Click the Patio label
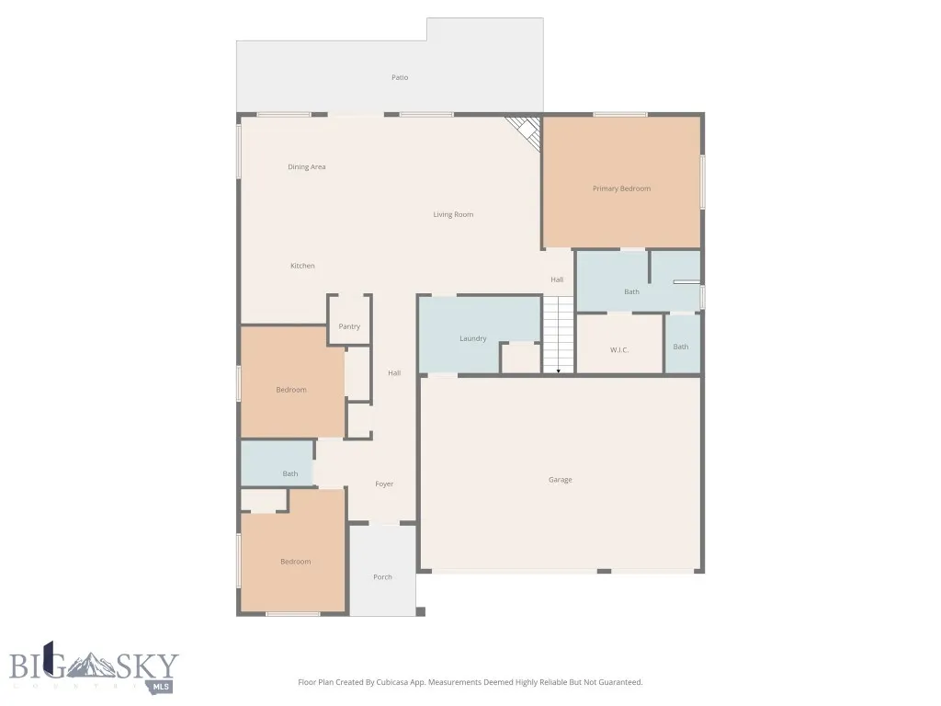point(400,77)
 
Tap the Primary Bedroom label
point(621,188)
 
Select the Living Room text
point(453,214)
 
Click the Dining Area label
point(306,167)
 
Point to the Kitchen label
point(302,266)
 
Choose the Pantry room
point(349,326)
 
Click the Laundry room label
point(473,338)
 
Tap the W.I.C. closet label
point(619,349)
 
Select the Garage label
point(561,480)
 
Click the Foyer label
point(384,484)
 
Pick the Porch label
point(382,577)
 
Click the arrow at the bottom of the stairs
point(559,370)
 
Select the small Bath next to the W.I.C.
point(681,347)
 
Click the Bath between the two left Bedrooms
point(290,473)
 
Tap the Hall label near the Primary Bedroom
point(557,279)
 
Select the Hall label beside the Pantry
point(394,373)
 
